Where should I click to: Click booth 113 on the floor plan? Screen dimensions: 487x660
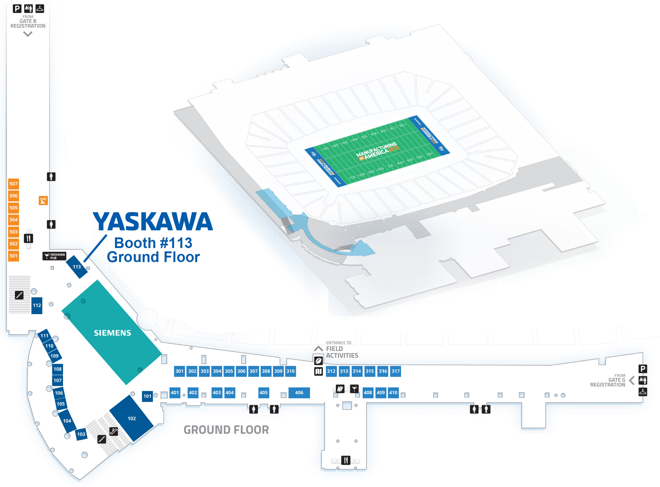[77, 267]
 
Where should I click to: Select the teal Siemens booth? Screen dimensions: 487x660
[112, 332]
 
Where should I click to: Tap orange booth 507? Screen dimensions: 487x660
[13, 184]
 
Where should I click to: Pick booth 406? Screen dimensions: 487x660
[299, 393]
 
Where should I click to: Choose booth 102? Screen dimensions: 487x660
[132, 418]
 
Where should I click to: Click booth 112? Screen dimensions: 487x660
[37, 305]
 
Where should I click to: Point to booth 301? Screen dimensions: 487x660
[179, 371]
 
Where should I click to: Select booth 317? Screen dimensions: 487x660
[395, 371]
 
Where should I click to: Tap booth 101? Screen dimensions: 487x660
[147, 396]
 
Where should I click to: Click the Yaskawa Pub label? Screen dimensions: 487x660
[54, 256]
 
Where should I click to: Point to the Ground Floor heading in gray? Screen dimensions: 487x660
[226, 430]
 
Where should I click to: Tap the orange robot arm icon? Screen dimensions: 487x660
[43, 201]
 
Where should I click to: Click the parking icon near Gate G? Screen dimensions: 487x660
[643, 369]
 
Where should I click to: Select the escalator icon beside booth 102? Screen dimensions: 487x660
[114, 431]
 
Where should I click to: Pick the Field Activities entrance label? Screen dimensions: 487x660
[342, 352]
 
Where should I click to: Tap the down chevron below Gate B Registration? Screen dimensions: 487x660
[28, 34]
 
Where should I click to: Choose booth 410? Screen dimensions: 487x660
[393, 393]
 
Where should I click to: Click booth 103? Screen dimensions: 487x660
[81, 434]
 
